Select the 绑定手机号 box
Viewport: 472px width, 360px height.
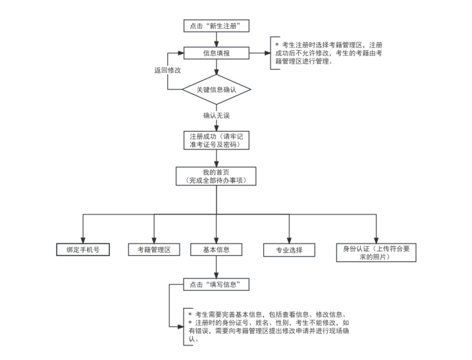[x=82, y=250]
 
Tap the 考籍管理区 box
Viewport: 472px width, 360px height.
[x=154, y=250]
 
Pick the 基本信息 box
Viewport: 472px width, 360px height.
[x=216, y=250]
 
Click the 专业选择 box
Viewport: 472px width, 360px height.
[x=288, y=251]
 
